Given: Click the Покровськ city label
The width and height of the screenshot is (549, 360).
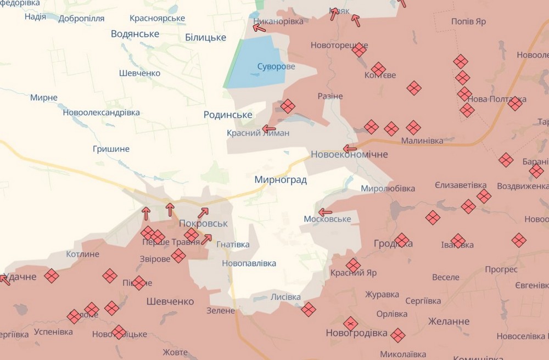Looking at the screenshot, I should point(203,224).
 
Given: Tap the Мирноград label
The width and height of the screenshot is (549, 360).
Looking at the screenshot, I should point(281,180).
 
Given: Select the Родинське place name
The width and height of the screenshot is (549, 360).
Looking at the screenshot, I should point(228,115).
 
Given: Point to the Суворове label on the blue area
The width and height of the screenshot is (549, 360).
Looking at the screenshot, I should point(276,67).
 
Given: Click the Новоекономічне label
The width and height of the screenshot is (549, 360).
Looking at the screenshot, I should point(349,155).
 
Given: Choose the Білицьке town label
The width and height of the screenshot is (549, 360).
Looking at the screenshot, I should point(206,37).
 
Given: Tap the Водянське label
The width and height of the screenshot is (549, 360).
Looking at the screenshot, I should point(135,34).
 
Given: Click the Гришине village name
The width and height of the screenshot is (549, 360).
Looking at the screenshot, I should point(111,149).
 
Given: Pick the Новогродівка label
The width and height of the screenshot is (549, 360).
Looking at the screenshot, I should point(356,333).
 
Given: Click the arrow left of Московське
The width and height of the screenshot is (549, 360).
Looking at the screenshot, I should point(326,212).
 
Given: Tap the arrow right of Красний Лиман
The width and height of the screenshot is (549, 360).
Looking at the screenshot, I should point(269,129).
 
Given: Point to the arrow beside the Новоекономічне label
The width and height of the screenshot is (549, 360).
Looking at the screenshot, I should point(350,148).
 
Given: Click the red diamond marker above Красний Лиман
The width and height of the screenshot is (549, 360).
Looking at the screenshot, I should point(288,106).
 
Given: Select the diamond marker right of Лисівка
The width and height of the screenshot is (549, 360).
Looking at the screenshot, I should point(309,310).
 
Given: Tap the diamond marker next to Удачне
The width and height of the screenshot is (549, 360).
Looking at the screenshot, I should point(52,275).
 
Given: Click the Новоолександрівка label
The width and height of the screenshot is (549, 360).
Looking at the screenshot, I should point(102,113).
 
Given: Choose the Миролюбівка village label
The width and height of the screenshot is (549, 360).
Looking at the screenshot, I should point(388,189).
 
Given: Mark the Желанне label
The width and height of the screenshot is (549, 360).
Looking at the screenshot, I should point(449,322).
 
